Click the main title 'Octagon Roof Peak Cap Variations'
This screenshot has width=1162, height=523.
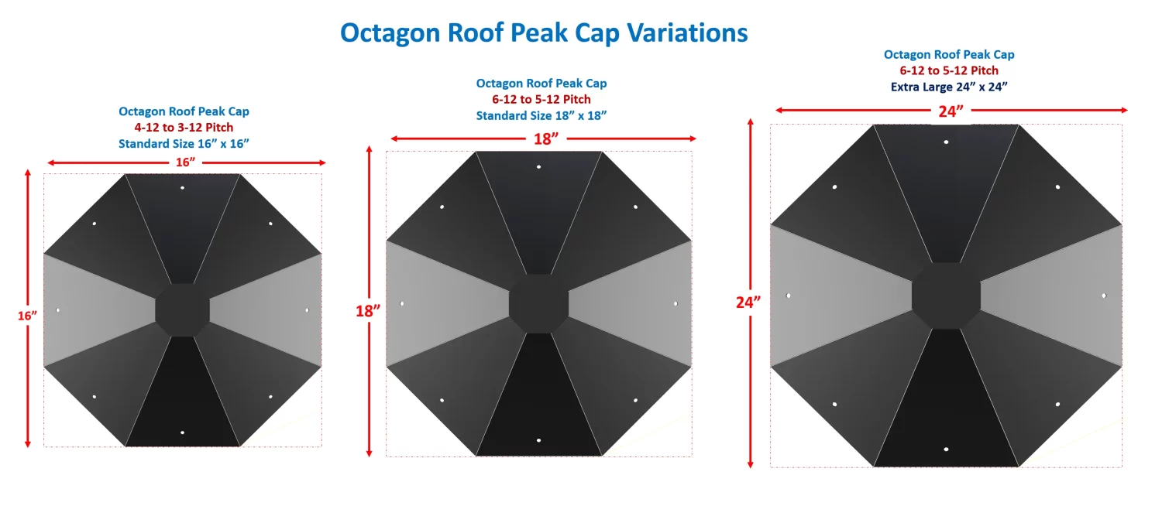544,32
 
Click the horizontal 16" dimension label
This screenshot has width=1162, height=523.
184,162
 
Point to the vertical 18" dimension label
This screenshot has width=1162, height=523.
369,311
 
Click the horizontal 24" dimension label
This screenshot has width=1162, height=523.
950,111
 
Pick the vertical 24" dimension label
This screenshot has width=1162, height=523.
749,302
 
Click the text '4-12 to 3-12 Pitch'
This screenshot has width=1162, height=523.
184,128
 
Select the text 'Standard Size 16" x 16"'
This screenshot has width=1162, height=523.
184,143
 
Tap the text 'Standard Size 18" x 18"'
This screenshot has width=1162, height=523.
541,115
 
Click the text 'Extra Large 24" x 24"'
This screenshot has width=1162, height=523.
949,87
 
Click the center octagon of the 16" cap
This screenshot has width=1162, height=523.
182,309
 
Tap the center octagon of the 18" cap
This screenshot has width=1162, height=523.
538,303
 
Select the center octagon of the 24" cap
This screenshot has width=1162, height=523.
946,296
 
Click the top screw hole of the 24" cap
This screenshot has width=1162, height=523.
946,142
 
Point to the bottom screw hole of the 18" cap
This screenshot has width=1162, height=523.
538,440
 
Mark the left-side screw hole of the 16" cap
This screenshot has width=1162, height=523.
57,310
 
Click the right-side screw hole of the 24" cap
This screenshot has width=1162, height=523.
1104,296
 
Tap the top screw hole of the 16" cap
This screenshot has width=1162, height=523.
182,187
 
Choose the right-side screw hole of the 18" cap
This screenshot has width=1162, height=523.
675,303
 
